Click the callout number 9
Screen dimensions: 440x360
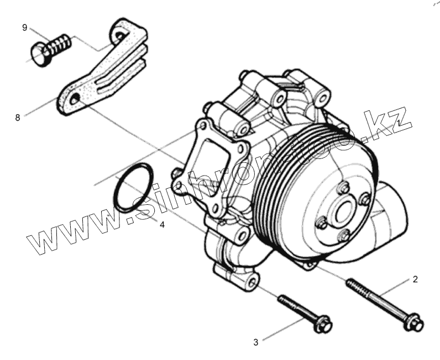click(24, 28)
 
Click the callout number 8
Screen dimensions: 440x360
click(17, 117)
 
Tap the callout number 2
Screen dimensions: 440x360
click(415, 279)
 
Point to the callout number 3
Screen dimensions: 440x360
click(255, 342)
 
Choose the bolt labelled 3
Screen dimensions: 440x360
click(301, 313)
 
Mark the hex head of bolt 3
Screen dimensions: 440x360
click(323, 325)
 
